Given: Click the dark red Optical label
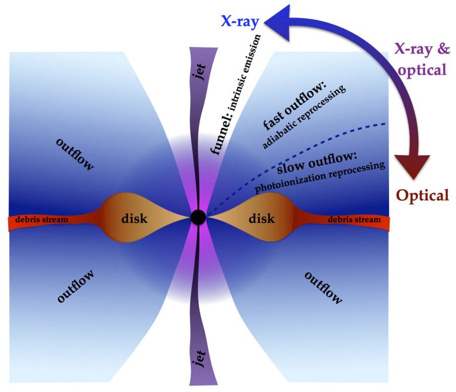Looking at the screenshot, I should (423, 195).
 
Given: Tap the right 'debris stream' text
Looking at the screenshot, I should (351, 219).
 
